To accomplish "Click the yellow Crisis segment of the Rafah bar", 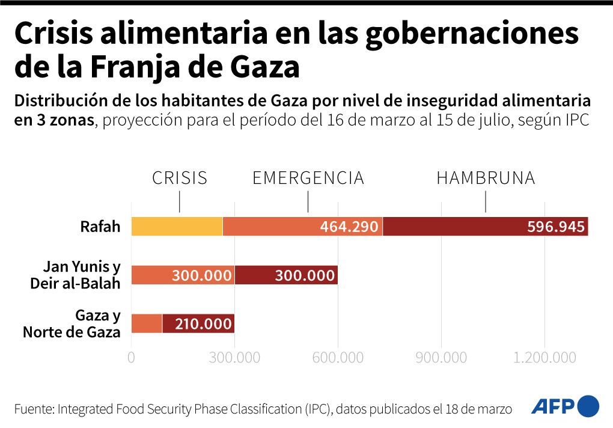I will coord(176,227).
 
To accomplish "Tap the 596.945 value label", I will coord(555,227).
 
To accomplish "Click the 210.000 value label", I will coord(203,324).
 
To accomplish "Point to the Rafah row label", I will coord(100,227).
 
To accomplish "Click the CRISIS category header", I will coord(179,179).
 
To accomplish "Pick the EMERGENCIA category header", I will coord(308,179).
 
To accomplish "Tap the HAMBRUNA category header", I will coord(485,179).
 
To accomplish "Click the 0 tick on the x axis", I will coord(131,358).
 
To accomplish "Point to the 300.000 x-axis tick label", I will coord(234,358).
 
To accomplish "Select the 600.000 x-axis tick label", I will coord(338,358).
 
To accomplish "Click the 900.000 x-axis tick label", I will coord(441,358).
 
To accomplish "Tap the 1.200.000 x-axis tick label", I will coord(545,358).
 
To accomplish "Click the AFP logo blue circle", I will coord(588,406).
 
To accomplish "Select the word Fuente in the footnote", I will coord(33,409).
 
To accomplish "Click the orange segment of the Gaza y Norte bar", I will coord(146,324).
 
